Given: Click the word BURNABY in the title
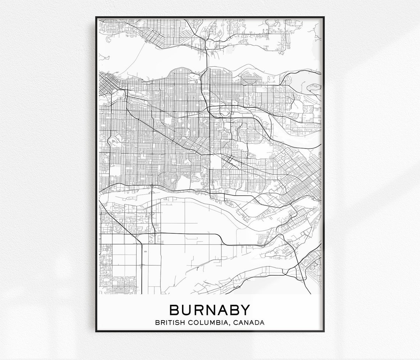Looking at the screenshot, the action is pyautogui.click(x=210, y=310).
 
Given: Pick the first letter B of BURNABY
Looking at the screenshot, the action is pyautogui.click(x=174, y=310).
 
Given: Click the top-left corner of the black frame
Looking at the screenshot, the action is pyautogui.click(x=96, y=17).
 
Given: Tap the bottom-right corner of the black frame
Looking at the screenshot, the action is pyautogui.click(x=324, y=331).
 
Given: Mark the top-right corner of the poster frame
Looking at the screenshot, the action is pyautogui.click(x=324, y=17).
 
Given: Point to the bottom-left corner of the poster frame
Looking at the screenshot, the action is pyautogui.click(x=96, y=331).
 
